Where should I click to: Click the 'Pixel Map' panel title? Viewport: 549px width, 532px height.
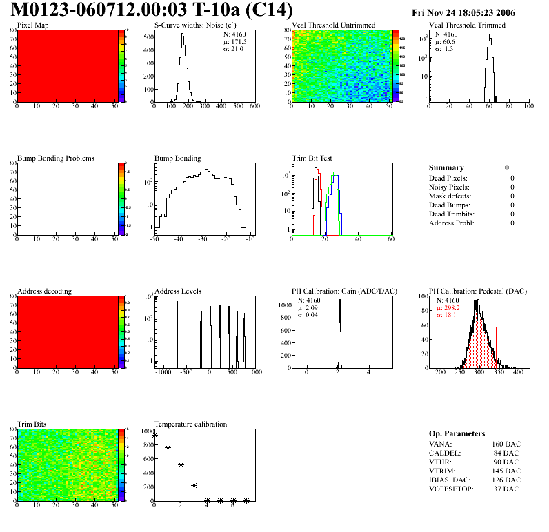coord(33,25)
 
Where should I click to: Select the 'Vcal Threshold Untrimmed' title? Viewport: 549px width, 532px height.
coord(334,25)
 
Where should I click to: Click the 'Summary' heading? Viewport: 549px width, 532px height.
coord(446,167)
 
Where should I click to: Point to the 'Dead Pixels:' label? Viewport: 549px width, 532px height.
coord(448,178)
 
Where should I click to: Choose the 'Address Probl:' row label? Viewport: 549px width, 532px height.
coord(451,223)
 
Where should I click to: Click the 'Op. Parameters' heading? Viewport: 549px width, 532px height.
coord(457,433)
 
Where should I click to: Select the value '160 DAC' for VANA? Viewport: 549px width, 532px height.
coord(506,444)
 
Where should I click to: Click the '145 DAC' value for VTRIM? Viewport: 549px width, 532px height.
coord(506,471)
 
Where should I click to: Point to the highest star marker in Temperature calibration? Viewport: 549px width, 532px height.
coord(155,435)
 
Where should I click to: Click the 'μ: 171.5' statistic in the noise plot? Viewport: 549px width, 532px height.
coord(236,41)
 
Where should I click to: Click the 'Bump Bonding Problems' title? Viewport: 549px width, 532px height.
coord(55,158)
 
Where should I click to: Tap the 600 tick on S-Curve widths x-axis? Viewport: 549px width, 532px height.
coord(254,106)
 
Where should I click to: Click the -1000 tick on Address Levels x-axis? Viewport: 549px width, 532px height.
coord(163,372)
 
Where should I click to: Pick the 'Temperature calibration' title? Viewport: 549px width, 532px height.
coord(190,424)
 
